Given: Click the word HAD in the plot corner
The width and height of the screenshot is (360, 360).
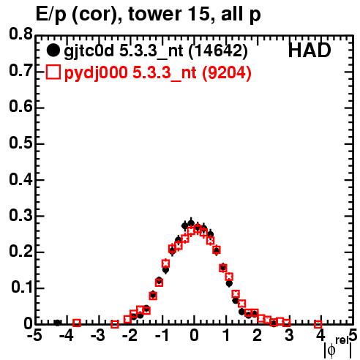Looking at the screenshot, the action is click(x=310, y=50).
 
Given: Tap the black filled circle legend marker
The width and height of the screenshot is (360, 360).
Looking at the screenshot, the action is click(x=53, y=50).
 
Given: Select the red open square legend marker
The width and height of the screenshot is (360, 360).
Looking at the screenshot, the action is click(x=53, y=72).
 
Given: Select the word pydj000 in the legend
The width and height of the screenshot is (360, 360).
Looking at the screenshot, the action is click(x=96, y=73).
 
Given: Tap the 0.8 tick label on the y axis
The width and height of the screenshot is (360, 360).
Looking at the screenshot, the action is click(x=20, y=34).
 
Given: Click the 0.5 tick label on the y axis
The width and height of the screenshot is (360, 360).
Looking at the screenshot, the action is click(x=20, y=143).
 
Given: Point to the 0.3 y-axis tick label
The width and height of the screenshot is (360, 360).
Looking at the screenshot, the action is click(x=20, y=216).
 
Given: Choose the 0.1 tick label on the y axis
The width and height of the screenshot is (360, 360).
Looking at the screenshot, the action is click(x=22, y=288).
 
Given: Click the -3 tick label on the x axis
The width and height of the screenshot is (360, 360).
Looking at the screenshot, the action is click(x=98, y=335).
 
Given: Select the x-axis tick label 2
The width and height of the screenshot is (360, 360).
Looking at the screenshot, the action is click(x=257, y=335).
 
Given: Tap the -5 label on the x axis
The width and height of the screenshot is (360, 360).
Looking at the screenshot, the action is click(x=34, y=335).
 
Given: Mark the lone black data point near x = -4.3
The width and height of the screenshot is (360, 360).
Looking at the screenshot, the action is click(x=57, y=323).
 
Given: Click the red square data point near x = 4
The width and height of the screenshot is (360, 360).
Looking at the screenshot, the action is click(x=318, y=324).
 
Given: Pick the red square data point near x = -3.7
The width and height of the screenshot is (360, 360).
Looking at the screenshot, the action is click(x=77, y=323).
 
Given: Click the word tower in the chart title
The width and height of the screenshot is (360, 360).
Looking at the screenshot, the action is click(x=154, y=14).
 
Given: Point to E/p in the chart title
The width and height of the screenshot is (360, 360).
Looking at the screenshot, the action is click(x=51, y=15).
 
